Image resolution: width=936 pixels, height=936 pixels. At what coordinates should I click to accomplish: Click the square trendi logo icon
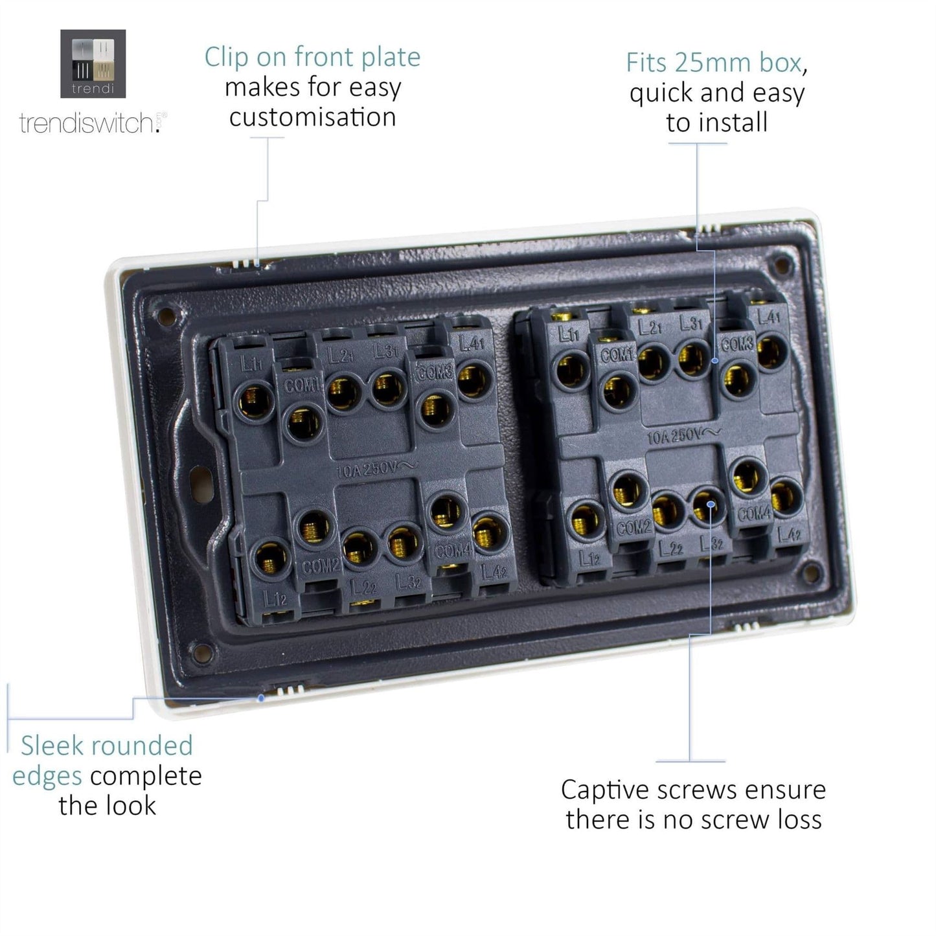coord(93,63)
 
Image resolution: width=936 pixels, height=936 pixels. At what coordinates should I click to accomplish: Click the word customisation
coord(312,118)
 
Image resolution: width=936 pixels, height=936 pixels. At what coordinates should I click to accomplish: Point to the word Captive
coord(606,790)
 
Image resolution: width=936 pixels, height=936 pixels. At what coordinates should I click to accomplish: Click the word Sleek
coord(52,746)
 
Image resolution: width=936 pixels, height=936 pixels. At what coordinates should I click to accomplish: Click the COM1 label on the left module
coord(302,386)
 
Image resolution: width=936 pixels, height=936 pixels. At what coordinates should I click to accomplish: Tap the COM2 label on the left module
coord(320,566)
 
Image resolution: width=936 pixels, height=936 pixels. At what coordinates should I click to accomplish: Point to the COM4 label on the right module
coord(755,514)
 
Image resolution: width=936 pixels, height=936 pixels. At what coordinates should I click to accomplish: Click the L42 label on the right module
coord(790,534)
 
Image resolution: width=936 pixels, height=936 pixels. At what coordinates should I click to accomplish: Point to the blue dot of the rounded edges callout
coord(261,698)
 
